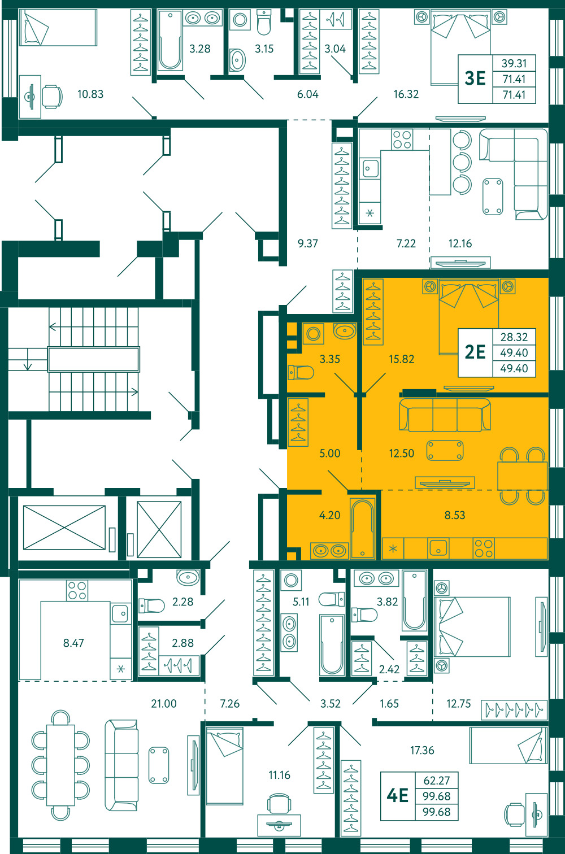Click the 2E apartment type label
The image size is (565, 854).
(475, 352)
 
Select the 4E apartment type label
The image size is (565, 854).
(398, 795)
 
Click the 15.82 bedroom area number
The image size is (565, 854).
(401, 359)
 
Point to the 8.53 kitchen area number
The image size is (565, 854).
(455, 515)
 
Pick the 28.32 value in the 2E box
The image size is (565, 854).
(514, 337)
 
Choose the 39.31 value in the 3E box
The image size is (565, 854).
(514, 63)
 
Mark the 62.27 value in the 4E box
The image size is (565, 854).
(436, 781)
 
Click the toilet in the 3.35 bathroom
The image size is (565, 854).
(301, 372)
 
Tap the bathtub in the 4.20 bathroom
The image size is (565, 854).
(362, 529)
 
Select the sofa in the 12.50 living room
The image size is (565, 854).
(445, 415)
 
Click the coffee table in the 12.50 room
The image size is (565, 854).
(445, 450)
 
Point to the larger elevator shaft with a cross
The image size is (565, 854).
(64, 528)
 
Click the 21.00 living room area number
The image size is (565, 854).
(164, 703)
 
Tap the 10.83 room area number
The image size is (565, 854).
(90, 94)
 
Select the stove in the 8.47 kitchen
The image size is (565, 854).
(77, 591)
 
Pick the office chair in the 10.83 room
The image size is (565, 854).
(52, 97)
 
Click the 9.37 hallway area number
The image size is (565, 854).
(307, 243)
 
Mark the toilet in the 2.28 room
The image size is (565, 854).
(151, 605)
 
